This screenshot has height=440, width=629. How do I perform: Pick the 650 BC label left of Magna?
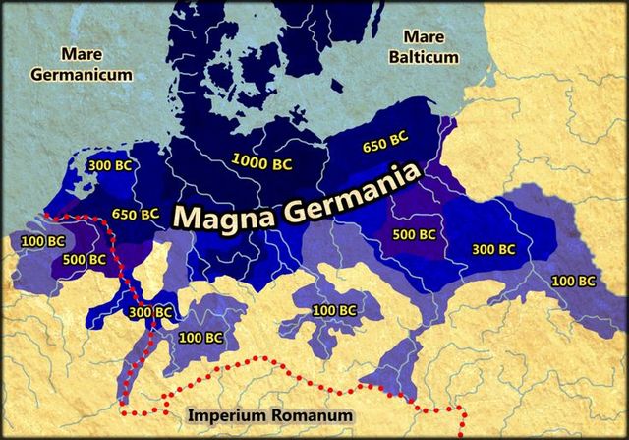tap(135, 214)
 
